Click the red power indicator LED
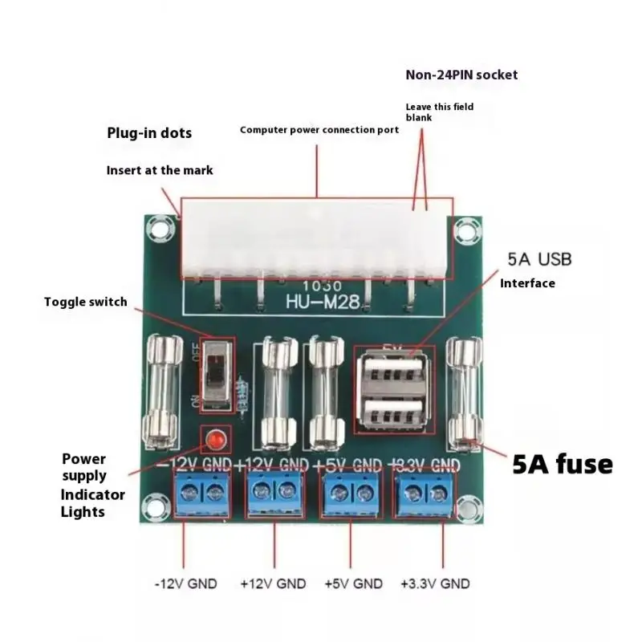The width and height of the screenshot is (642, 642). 213,440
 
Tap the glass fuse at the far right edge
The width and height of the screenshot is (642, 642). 465,393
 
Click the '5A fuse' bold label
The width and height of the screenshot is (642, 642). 562,464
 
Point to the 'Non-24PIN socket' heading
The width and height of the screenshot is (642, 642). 461,75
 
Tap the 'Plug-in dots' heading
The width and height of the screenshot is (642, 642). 149,133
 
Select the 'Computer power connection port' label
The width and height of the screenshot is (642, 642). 319,129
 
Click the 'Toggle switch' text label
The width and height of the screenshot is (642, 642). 85,302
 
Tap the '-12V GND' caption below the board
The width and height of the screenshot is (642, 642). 185,583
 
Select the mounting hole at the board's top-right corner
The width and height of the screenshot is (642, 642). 465,232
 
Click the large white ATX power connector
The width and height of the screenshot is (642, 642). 317,237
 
